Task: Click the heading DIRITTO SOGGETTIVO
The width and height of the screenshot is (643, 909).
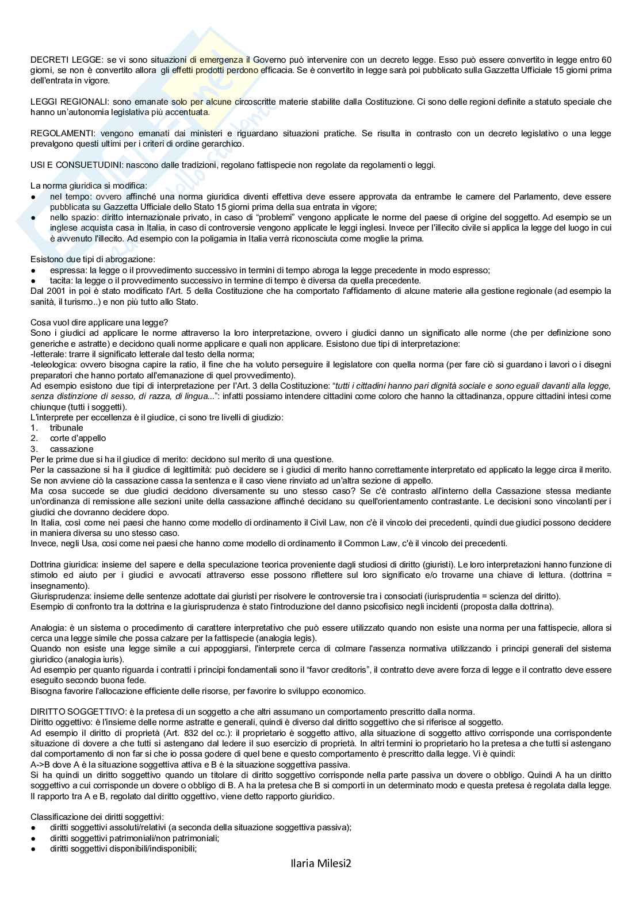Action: pos(74,712)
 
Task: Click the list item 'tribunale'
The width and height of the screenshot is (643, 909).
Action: pos(66,428)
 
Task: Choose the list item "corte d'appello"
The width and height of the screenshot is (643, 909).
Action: pos(78,438)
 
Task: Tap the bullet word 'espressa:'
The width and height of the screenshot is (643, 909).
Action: pos(66,270)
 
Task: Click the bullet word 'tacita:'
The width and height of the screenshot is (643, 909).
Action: pos(62,281)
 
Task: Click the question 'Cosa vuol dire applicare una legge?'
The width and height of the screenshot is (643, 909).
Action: pos(99,322)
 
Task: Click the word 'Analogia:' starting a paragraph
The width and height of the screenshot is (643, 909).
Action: pos(48,628)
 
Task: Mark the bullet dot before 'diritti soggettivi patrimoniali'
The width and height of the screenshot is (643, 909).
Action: pos(33,838)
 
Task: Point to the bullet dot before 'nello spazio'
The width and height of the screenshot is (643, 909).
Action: pos(33,218)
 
